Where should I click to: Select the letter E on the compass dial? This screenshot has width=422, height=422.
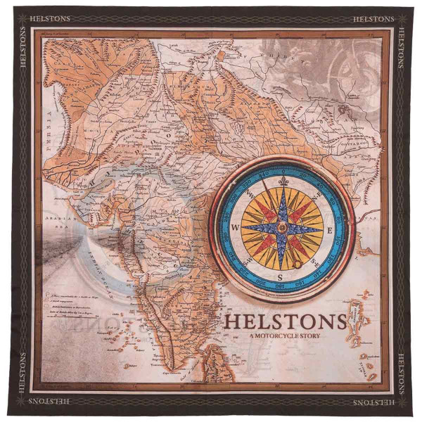click(x=328, y=229)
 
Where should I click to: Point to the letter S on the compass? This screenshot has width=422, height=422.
click(x=281, y=276)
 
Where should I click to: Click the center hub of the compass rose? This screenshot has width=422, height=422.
click(x=281, y=228)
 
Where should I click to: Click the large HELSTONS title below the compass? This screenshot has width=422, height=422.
click(x=285, y=322)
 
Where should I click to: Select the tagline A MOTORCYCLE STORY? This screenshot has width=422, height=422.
click(x=284, y=337)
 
